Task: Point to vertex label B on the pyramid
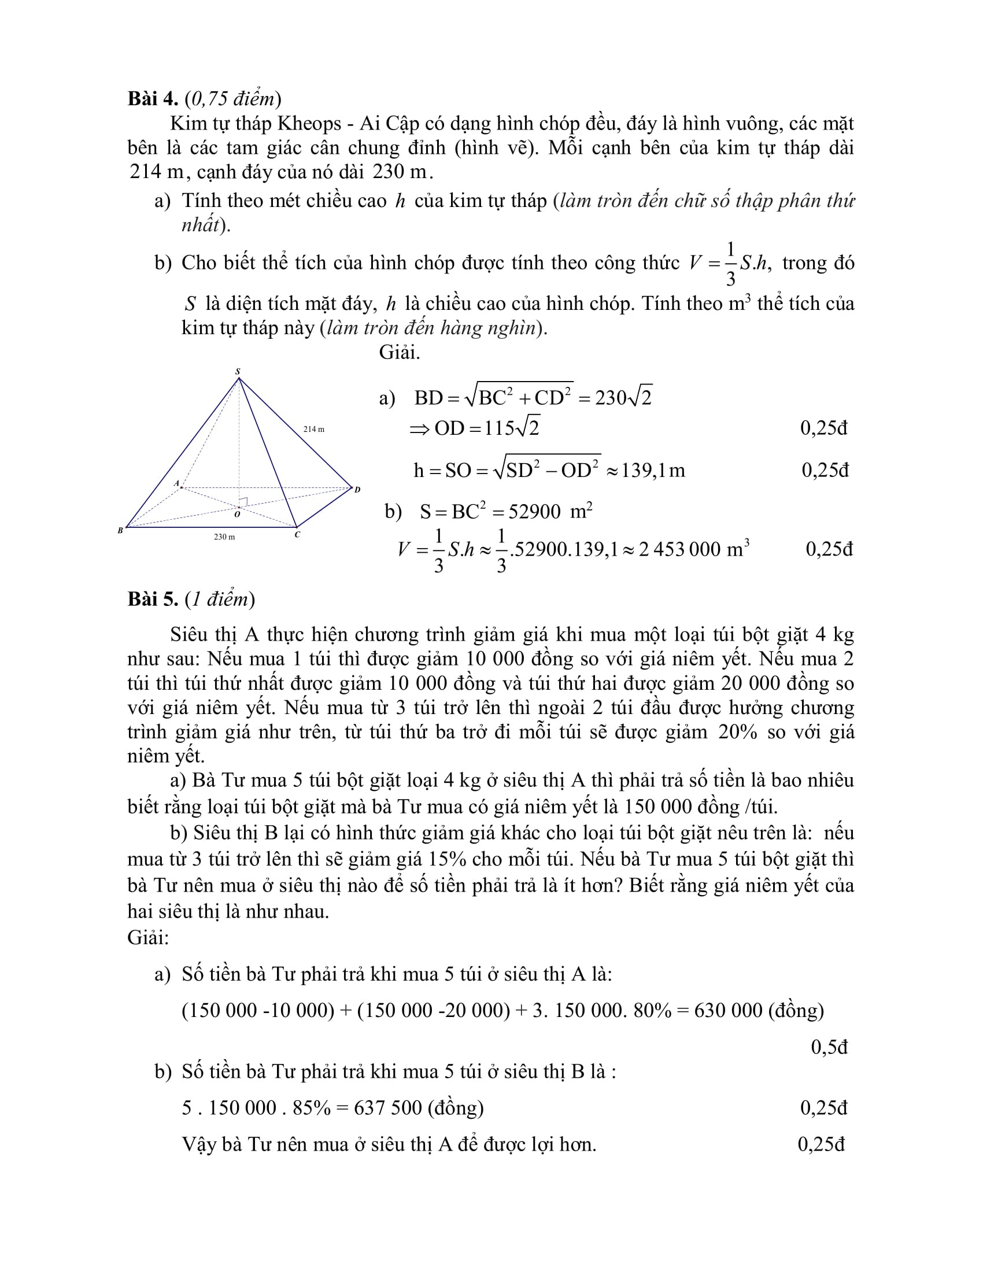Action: (120, 531)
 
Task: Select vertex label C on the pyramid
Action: (297, 534)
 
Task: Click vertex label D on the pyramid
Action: (357, 489)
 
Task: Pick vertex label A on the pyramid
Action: (176, 483)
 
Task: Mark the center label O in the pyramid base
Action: (237, 514)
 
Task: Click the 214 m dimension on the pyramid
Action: (314, 429)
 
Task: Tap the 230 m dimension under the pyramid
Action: (224, 537)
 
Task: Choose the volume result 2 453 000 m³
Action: (693, 549)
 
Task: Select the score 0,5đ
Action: (829, 1047)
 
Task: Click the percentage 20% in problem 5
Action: (737, 731)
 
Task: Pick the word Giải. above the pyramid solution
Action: (400, 352)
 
